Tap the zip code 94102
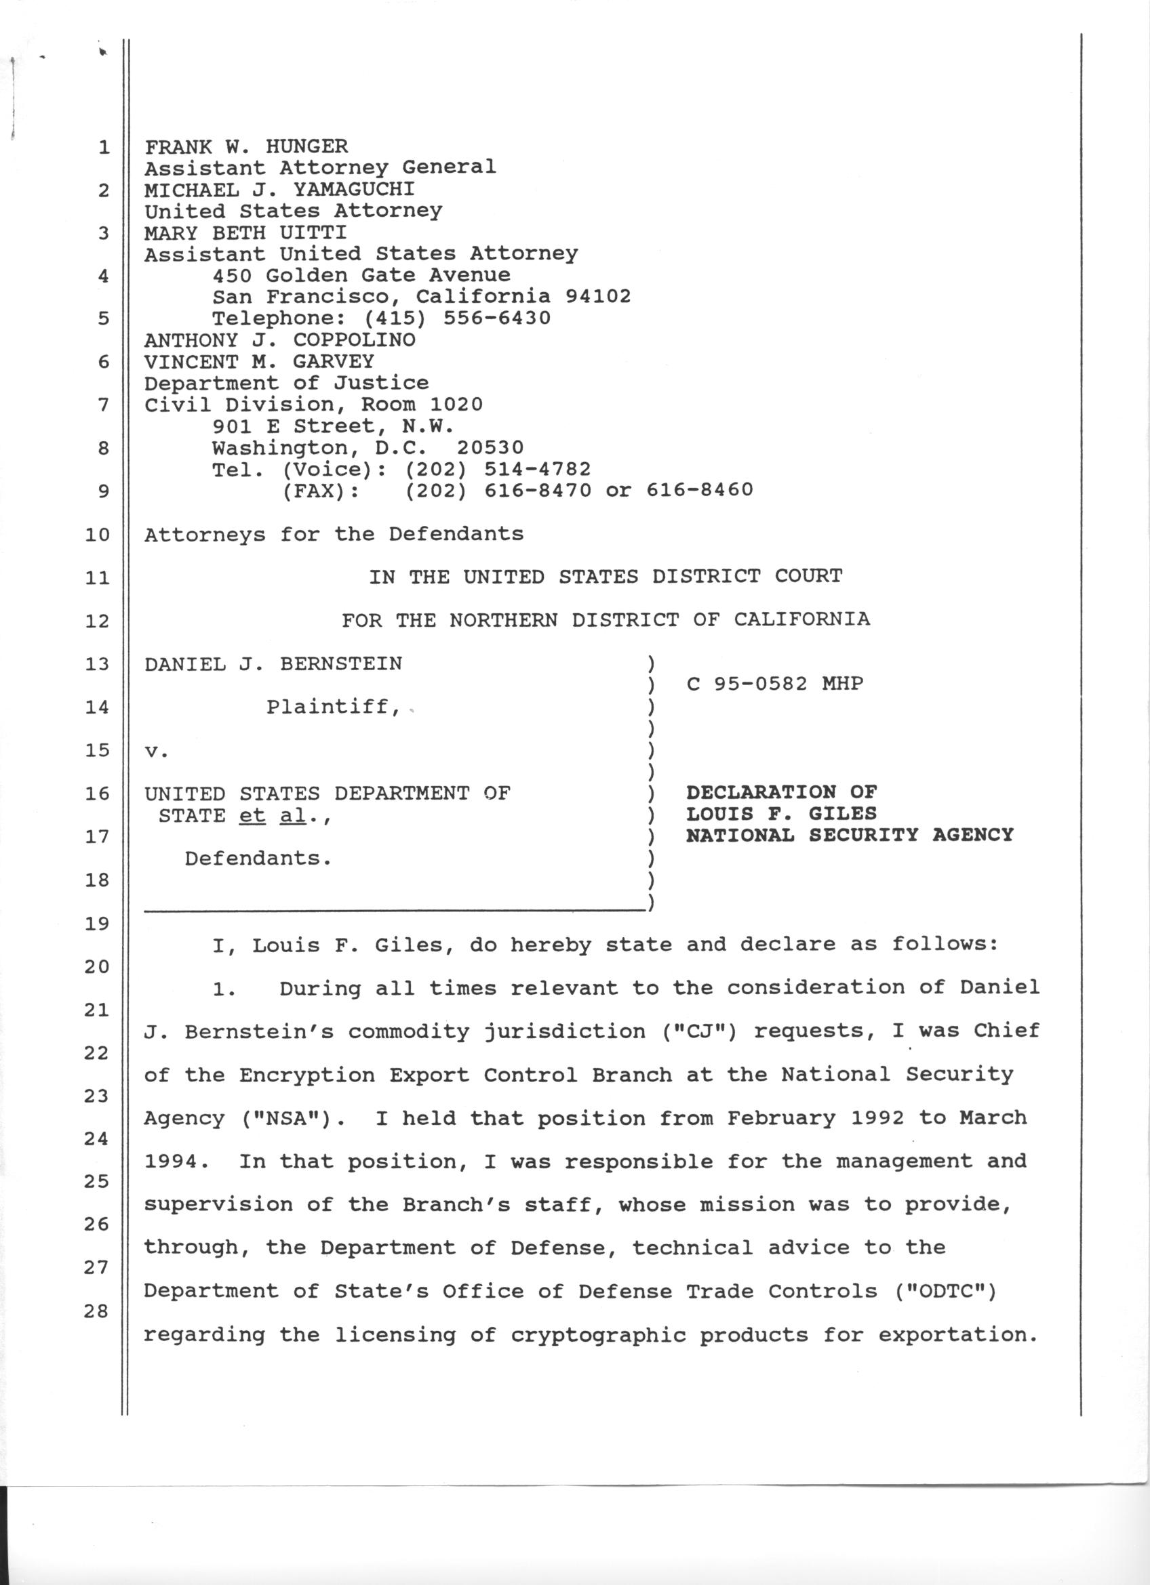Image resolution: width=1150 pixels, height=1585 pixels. pyautogui.click(x=598, y=296)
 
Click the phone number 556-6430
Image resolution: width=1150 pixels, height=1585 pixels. pyautogui.click(x=497, y=318)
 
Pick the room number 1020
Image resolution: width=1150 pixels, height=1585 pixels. pyautogui.click(x=456, y=405)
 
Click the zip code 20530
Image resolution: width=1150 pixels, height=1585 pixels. pyautogui.click(x=490, y=448)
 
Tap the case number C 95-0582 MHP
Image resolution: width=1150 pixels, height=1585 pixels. pyautogui.click(x=774, y=684)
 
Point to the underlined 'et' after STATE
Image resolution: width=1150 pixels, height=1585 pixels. pyautogui.click(x=252, y=816)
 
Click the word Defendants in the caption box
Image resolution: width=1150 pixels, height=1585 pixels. pyautogui.click(x=257, y=858)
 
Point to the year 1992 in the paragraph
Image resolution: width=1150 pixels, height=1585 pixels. pyautogui.click(x=877, y=1118)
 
